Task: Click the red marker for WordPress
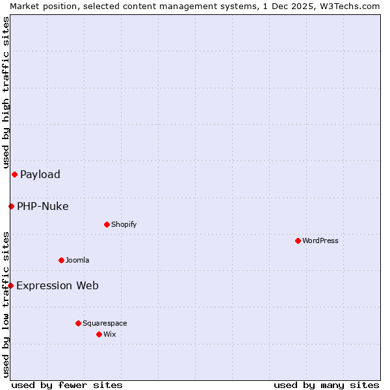298,240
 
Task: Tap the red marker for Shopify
107,224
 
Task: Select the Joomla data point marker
61,260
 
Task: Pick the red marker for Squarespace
78,323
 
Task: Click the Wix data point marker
99,334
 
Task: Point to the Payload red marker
14,174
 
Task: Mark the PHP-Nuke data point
11,206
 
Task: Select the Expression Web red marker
10,285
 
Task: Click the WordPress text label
320,240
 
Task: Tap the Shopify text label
123,224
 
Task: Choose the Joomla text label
77,260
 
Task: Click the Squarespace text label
105,323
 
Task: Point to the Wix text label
109,334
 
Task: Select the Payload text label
40,174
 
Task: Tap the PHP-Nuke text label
43,207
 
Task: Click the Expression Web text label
57,285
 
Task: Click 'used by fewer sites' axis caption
67,385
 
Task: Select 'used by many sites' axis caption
326,385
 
